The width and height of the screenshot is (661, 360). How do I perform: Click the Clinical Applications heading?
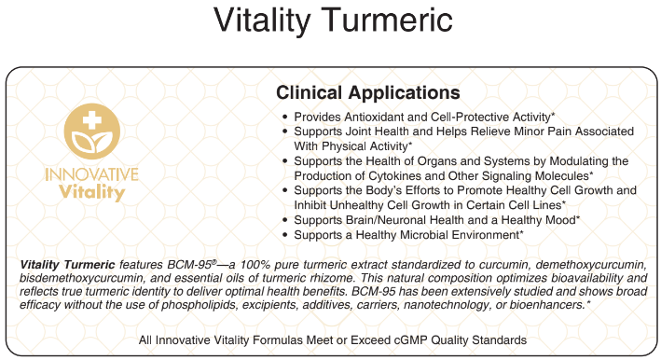pos(367,93)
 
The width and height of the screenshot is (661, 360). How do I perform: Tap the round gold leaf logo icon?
pos(90,133)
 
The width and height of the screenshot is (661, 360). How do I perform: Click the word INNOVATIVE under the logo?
pos(90,174)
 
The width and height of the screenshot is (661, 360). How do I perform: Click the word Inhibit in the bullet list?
pos(312,204)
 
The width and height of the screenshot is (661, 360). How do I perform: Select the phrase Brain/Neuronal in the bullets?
pos(392,219)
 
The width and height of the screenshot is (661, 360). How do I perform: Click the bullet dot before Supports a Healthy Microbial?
pos(284,235)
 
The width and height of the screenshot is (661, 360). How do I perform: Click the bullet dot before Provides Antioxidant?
pos(284,118)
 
